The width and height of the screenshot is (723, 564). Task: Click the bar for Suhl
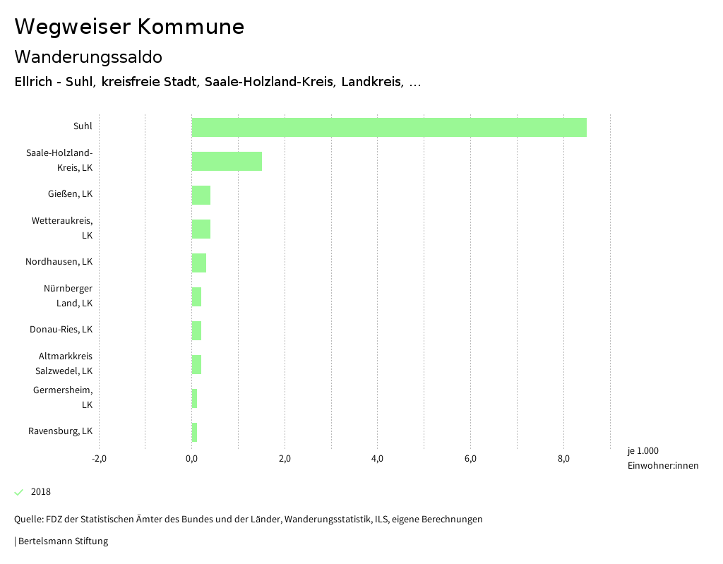point(389,127)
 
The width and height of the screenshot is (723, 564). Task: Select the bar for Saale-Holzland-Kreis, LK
point(227,161)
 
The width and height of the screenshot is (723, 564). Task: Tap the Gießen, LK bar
point(201,195)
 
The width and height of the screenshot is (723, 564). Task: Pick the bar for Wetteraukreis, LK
point(201,229)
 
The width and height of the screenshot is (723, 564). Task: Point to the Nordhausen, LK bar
point(199,263)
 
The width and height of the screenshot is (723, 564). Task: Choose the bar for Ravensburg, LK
point(194,432)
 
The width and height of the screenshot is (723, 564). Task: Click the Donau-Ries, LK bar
point(196,330)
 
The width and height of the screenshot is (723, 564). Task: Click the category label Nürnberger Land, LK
point(68,296)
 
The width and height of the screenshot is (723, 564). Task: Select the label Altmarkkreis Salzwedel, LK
point(65,364)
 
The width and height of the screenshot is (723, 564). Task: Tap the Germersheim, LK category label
point(63,397)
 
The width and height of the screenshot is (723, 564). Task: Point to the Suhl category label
point(83,127)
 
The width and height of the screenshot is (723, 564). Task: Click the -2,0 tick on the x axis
point(99,460)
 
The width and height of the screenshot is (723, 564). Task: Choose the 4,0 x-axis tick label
point(377,460)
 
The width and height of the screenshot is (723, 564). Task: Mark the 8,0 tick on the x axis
point(563,460)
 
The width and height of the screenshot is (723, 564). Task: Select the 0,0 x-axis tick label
point(191,460)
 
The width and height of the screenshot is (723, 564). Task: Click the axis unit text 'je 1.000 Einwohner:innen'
point(662,458)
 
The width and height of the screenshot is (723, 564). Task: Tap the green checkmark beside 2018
point(19,492)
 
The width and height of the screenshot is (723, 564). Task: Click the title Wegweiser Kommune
point(129,27)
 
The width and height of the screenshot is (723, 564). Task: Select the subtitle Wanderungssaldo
point(88,56)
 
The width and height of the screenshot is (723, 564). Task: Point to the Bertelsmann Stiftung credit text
point(62,541)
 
